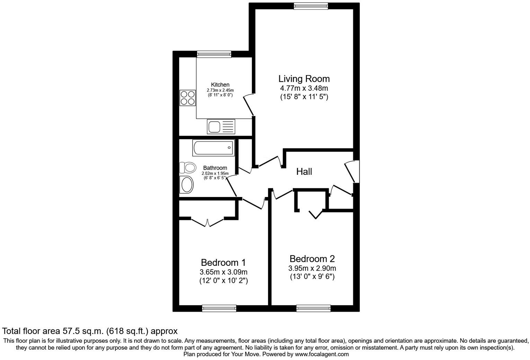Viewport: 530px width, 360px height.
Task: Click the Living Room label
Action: [304, 79]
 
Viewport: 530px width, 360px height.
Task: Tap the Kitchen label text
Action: [220, 85]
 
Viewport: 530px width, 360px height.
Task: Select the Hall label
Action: [304, 171]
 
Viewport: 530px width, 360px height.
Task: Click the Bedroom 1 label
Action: [223, 263]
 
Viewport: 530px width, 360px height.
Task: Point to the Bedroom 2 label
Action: [312, 259]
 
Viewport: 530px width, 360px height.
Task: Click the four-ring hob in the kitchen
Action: [187, 98]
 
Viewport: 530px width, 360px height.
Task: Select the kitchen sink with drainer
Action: [221, 126]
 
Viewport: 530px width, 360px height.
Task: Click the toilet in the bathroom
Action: [187, 168]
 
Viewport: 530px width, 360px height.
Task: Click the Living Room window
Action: [311, 6]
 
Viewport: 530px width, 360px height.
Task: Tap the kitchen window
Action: [214, 54]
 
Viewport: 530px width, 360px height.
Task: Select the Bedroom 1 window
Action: [219, 308]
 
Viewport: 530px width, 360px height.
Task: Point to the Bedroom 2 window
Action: [313, 308]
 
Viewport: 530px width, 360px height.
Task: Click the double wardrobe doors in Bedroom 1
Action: [207, 222]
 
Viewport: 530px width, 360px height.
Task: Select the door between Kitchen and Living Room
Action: [249, 105]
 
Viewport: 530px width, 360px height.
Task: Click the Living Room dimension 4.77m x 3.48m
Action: [304, 89]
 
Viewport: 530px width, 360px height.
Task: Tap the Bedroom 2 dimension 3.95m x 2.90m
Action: [312, 268]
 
